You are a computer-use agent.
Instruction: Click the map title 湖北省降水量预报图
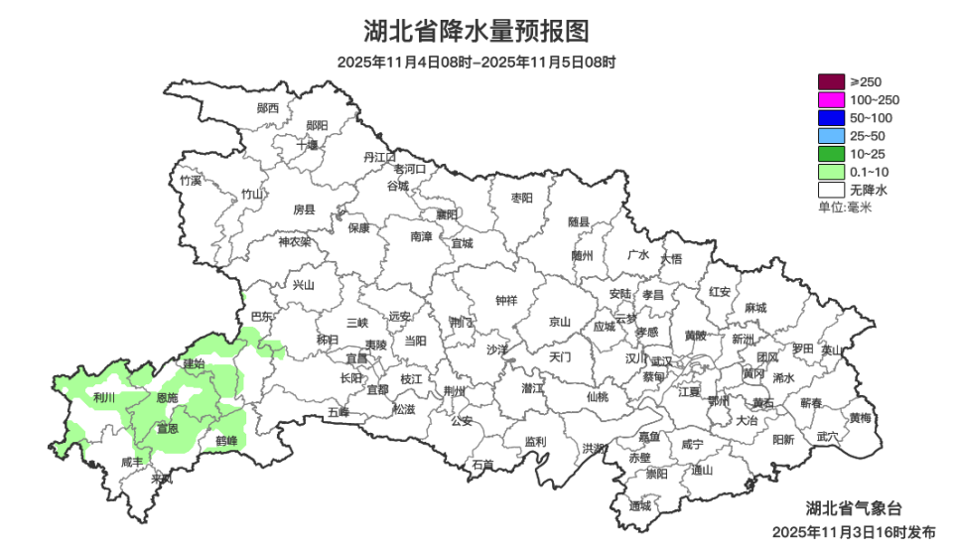pos(476,31)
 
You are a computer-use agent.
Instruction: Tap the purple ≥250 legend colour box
pos(830,81)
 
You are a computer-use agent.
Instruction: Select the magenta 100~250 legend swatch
pos(830,99)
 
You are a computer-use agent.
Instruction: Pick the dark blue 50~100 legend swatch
pos(830,117)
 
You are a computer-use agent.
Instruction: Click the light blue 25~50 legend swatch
pos(830,135)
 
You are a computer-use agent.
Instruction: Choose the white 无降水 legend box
pos(830,189)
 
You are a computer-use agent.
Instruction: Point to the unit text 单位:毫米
pos(845,207)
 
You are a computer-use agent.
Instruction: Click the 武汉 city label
pos(662,361)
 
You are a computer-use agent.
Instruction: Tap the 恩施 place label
pos(168,397)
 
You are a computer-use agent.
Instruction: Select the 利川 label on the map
pos(103,397)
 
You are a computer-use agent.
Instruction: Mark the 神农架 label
pos(294,241)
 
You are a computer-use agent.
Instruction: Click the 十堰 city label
pos(308,144)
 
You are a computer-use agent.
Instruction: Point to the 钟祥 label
pos(506,301)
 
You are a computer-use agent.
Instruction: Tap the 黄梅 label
pos(860,417)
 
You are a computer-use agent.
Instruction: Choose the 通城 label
pos(640,505)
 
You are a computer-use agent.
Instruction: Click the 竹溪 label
pos(191,181)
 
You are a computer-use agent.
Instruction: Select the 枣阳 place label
pos(522,198)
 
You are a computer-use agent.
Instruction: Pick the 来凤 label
pos(161,479)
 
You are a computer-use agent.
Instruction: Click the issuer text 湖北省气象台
pos(855,508)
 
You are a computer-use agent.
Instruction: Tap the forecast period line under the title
pos(476,62)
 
